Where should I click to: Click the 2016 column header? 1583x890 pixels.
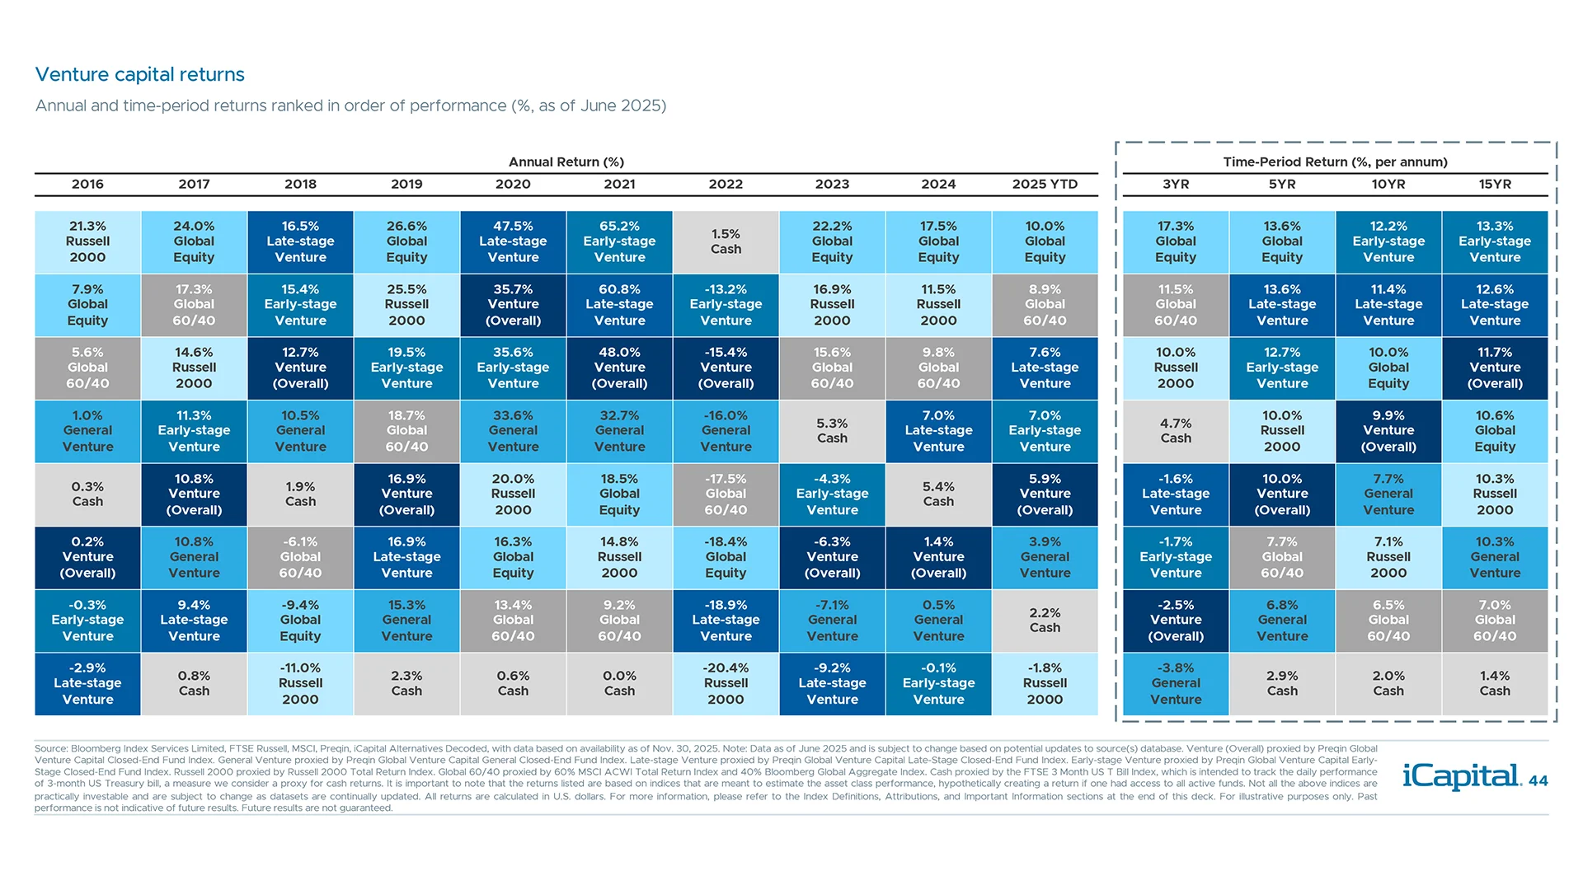pos(87,184)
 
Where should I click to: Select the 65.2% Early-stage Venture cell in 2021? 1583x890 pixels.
pos(619,241)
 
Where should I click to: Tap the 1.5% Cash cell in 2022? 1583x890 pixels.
pos(726,241)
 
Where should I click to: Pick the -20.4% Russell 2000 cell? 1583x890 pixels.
pos(726,683)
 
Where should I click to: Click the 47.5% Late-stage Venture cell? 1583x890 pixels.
pos(513,241)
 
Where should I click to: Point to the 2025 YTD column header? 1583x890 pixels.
pos(1045,184)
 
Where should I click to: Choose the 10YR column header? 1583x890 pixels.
pos(1388,184)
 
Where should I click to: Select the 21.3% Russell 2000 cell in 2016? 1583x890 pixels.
pos(87,241)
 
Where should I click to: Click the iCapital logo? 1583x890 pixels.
pos(1461,776)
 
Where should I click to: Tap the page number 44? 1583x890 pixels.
pos(1538,781)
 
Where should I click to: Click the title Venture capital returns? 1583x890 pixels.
pos(139,74)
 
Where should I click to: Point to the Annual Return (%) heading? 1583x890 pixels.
pos(566,162)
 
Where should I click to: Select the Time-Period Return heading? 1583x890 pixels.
pos(1335,162)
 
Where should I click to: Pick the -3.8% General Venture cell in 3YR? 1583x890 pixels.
pos(1176,683)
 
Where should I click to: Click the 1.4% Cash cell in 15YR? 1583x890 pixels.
pos(1495,683)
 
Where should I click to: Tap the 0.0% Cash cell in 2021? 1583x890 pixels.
pos(619,683)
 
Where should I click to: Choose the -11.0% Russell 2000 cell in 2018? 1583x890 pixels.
pos(300,683)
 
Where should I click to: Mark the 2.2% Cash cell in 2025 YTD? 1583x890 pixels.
pos(1045,621)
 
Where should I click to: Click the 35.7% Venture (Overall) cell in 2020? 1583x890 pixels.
pos(513,305)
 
